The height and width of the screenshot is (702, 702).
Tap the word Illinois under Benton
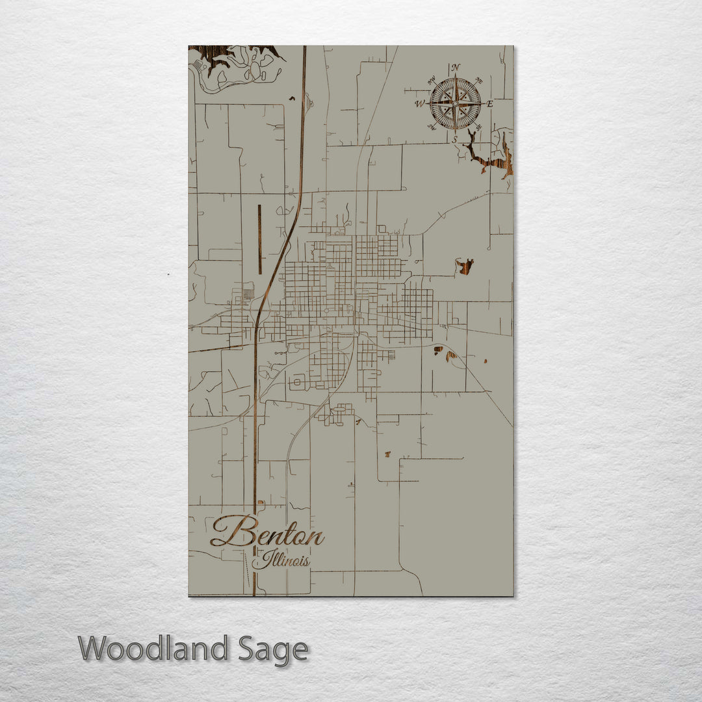pos(281,560)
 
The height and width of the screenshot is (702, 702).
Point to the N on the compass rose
pos(456,67)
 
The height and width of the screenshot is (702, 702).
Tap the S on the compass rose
pos(455,139)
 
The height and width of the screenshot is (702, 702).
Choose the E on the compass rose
pos(490,104)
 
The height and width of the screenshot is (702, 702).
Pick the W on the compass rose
pos(419,103)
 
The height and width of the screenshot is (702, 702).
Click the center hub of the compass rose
pos(455,103)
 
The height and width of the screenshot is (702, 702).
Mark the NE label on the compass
pos(479,81)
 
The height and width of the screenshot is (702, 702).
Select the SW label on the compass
pos(432,127)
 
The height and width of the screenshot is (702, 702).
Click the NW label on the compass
pos(431,81)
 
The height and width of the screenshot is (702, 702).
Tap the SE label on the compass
pos(478,127)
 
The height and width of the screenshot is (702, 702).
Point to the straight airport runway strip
pos(259,239)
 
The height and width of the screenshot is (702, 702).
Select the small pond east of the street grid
pos(464,266)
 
